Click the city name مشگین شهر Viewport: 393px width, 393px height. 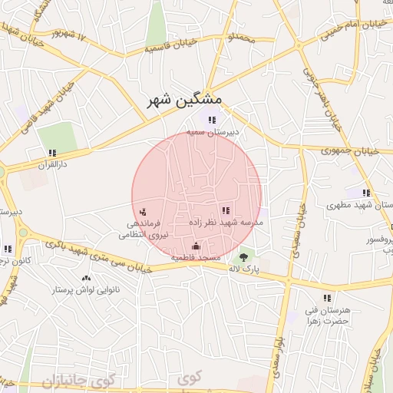[186, 100]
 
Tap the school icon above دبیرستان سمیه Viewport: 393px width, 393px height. [212, 120]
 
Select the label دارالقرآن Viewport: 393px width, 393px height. [53, 164]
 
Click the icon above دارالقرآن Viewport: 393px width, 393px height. [52, 154]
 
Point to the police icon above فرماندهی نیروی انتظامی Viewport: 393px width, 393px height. [144, 211]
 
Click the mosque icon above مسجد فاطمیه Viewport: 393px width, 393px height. [196, 246]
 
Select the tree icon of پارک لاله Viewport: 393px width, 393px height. [244, 256]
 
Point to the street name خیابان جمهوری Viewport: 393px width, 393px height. [352, 151]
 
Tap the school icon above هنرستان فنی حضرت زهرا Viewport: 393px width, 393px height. [327, 297]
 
